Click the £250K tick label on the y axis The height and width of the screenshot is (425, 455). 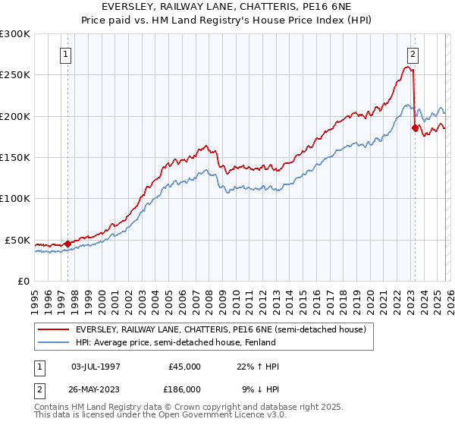coord(15,75)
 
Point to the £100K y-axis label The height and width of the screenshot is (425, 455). coord(15,198)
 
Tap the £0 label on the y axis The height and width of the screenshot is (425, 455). coord(23,281)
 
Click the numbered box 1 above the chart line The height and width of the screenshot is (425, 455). coord(67,54)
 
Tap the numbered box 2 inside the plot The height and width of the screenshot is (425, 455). coord(413,54)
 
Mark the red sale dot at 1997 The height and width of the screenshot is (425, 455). coord(67,244)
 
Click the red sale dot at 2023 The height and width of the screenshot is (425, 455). coord(415,128)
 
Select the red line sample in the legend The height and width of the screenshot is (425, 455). coord(53,329)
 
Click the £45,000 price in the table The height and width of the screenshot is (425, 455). coord(185,367)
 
